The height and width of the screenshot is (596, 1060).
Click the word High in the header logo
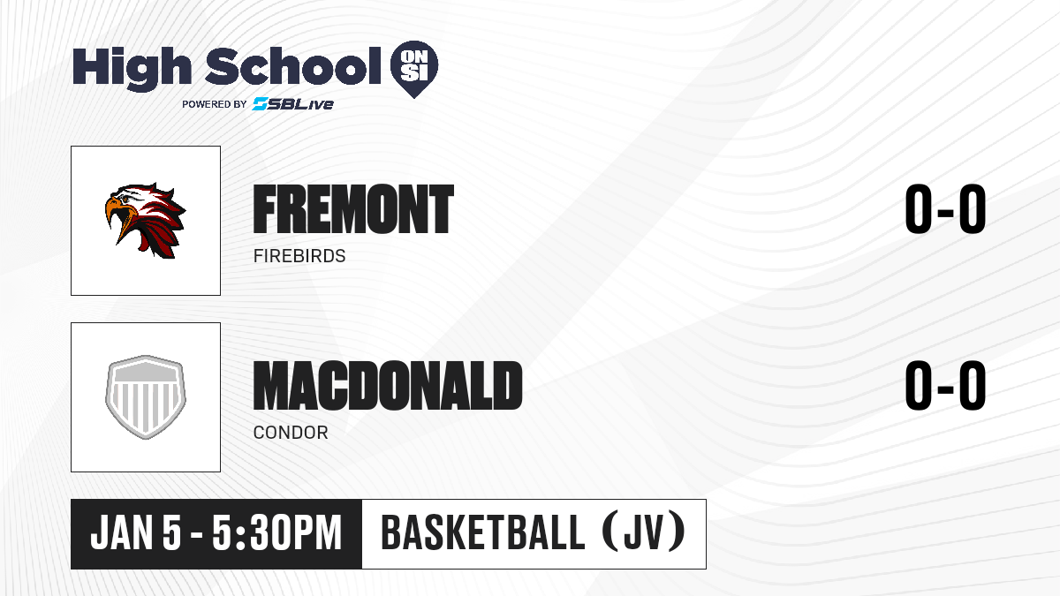(x=132, y=68)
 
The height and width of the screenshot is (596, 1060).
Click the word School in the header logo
(x=293, y=65)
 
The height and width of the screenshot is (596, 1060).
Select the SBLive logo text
(x=293, y=103)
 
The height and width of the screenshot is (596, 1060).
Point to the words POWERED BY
(x=215, y=104)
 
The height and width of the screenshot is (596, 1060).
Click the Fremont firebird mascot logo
(x=145, y=221)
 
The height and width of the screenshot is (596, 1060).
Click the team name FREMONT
(x=353, y=209)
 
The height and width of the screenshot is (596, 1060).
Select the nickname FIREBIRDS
(x=299, y=256)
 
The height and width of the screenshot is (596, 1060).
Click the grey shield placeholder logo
(x=145, y=397)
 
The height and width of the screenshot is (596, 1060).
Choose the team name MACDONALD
(x=388, y=386)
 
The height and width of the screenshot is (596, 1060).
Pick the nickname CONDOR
(x=291, y=433)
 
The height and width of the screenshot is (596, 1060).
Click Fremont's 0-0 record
(x=945, y=209)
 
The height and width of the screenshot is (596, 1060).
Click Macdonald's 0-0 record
(x=945, y=386)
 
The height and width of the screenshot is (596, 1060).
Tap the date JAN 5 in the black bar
(x=136, y=533)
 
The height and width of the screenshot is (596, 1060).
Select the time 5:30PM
(x=276, y=533)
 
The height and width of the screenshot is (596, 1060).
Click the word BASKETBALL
(x=482, y=533)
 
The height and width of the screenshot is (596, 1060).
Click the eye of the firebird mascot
(x=125, y=200)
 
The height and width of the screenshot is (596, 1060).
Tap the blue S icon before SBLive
(x=261, y=103)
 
